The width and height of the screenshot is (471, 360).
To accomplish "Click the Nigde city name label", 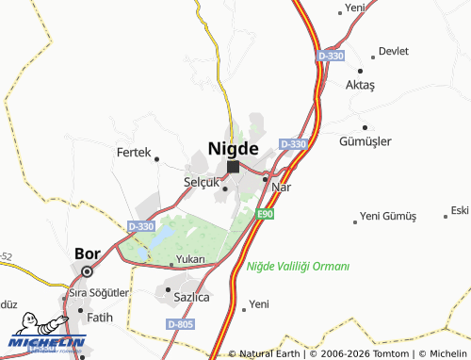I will [233, 148].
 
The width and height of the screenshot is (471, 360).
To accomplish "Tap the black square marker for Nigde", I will [233, 167].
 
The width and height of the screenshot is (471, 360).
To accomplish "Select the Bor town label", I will [87, 254].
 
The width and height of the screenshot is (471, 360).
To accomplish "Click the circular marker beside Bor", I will [87, 271].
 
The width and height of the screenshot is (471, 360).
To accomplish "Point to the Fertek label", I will [133, 152].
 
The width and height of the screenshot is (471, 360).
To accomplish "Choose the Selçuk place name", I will [202, 181].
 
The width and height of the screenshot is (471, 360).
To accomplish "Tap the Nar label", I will [280, 187].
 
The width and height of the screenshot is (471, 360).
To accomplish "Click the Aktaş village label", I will [360, 85].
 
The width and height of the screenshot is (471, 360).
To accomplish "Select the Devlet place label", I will [394, 51].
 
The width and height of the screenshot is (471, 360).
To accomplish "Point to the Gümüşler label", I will [365, 141].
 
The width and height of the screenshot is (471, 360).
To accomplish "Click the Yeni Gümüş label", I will [387, 216].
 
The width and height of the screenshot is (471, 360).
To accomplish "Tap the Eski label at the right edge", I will [460, 209].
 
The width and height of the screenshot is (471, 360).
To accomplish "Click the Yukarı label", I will [189, 259].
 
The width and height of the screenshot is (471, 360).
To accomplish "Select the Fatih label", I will [99, 317].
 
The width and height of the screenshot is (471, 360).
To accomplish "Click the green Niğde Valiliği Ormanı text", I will [298, 267].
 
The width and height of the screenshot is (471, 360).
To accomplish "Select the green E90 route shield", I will [266, 215].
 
